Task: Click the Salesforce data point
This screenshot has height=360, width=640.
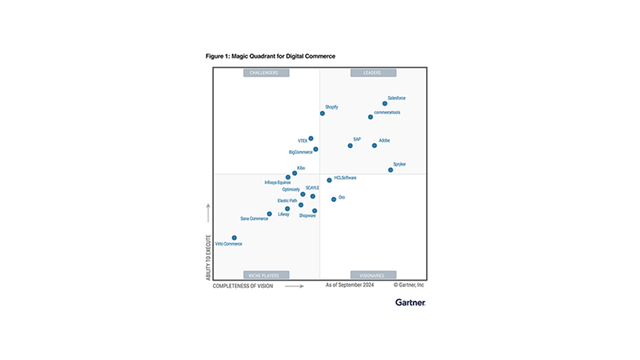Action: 385,103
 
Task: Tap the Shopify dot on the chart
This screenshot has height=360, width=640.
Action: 322,113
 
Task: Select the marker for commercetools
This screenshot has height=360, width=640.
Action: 371,117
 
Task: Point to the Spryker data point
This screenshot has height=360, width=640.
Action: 391,170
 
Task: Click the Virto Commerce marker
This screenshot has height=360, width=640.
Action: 234,237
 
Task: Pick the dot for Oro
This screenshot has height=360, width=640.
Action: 334,199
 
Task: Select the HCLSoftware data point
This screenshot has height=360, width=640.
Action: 329,180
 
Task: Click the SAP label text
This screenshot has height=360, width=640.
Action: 357,139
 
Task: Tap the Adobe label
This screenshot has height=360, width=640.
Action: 384,141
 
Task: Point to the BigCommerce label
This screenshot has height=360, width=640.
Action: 301,153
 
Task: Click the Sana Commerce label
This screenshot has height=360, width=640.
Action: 254,219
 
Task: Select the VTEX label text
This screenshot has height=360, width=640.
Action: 303,141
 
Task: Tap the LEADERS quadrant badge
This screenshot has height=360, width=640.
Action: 373,73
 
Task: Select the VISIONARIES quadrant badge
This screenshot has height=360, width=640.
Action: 373,275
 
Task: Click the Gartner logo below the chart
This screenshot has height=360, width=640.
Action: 409,302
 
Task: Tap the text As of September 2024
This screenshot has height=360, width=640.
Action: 349,285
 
